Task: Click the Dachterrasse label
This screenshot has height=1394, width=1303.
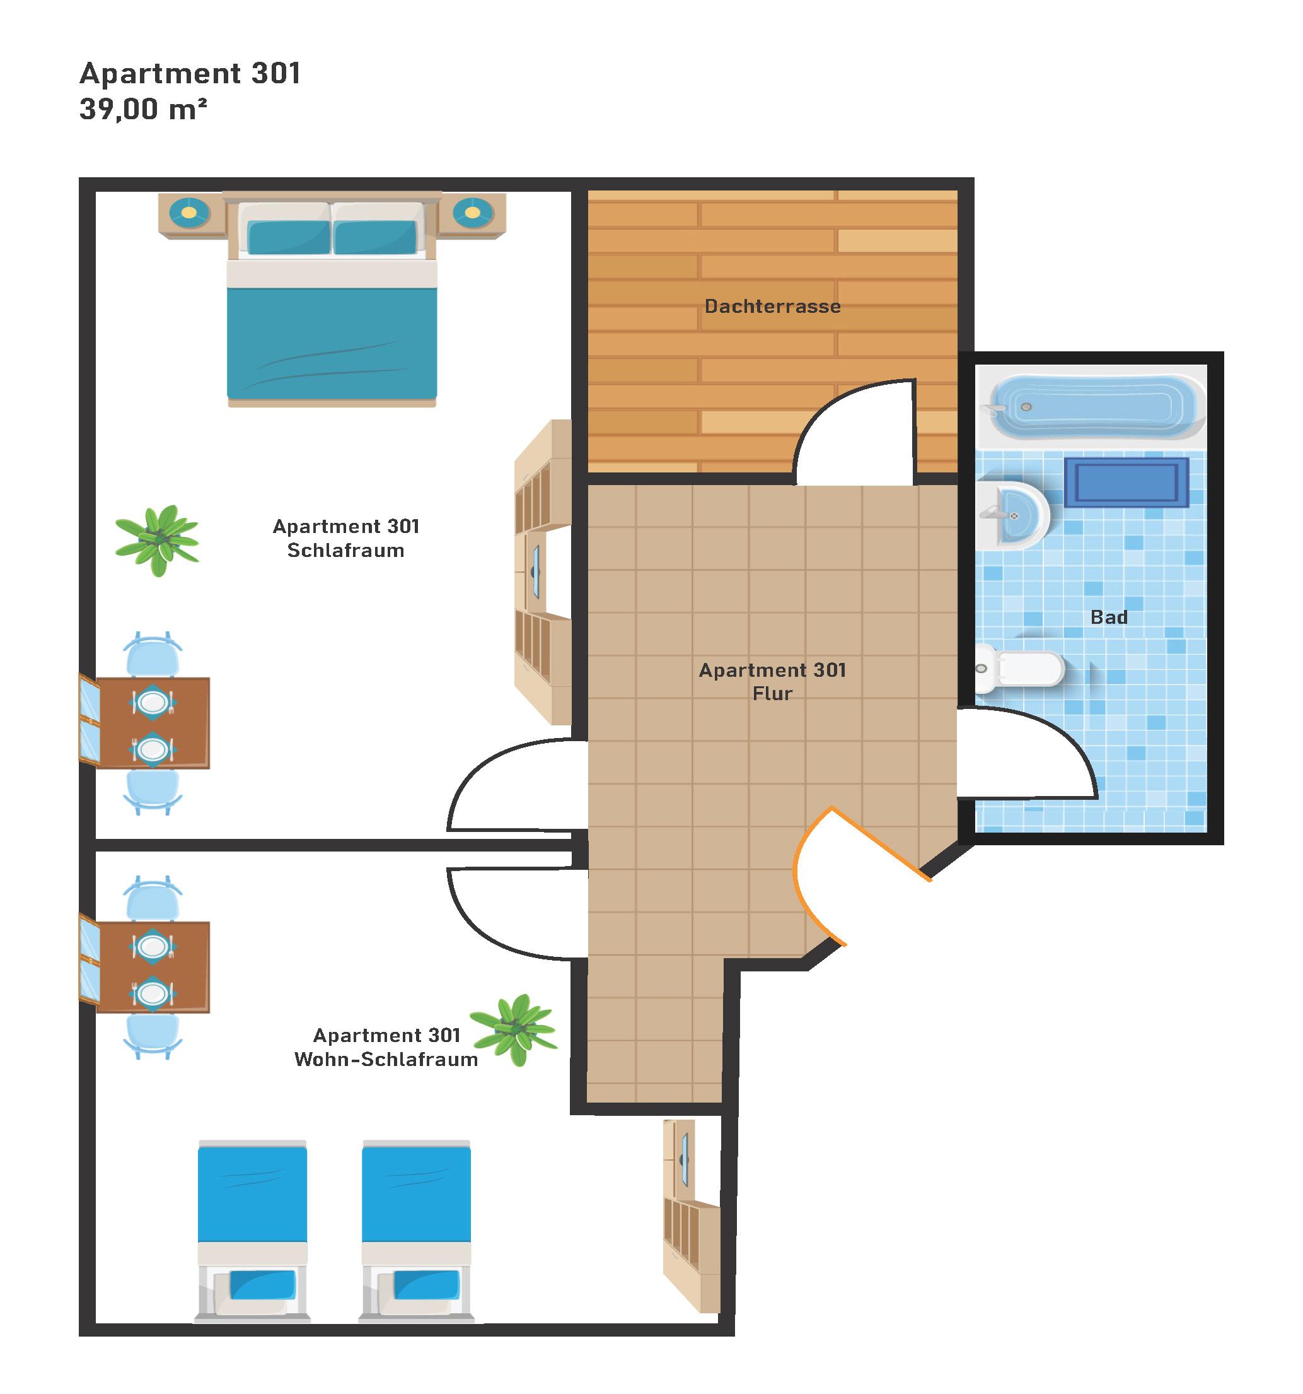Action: point(772,307)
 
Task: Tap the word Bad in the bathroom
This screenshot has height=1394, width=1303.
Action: point(1109,617)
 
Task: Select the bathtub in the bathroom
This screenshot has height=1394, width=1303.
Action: point(1096,407)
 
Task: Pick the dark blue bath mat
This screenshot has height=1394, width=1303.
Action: point(1126,483)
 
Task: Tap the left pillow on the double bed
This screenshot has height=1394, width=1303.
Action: point(288,237)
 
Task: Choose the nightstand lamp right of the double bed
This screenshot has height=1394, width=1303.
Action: point(472,212)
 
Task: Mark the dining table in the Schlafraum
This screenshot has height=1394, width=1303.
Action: point(152,723)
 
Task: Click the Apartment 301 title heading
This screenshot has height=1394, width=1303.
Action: point(190,74)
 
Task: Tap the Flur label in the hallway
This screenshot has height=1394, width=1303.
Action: point(772,693)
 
